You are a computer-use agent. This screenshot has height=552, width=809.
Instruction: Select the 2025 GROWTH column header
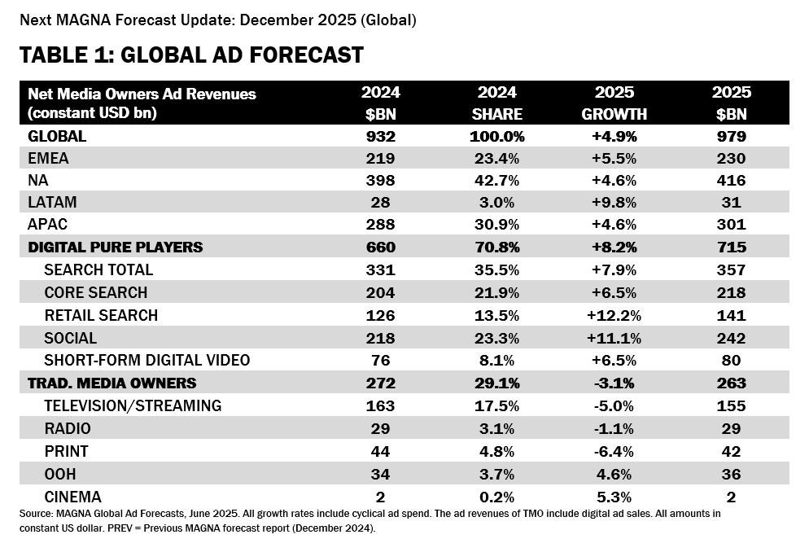[614, 103]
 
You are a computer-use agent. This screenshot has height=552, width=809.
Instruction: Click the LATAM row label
[54, 203]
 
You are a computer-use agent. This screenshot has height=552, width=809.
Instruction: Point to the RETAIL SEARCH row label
[101, 315]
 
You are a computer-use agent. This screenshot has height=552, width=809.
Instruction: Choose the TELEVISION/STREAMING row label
[133, 405]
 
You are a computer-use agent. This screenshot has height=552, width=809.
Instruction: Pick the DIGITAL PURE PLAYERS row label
[116, 248]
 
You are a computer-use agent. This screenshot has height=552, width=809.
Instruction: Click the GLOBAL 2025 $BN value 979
[731, 136]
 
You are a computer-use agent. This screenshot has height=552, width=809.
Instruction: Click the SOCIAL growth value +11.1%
[614, 338]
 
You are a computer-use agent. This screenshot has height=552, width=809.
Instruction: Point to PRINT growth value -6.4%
[614, 450]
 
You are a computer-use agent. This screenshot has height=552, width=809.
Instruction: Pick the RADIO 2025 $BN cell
[731, 428]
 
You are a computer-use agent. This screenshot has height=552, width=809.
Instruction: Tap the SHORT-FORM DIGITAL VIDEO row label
[146, 360]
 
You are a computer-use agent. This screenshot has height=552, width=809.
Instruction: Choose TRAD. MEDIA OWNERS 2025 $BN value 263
[731, 383]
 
